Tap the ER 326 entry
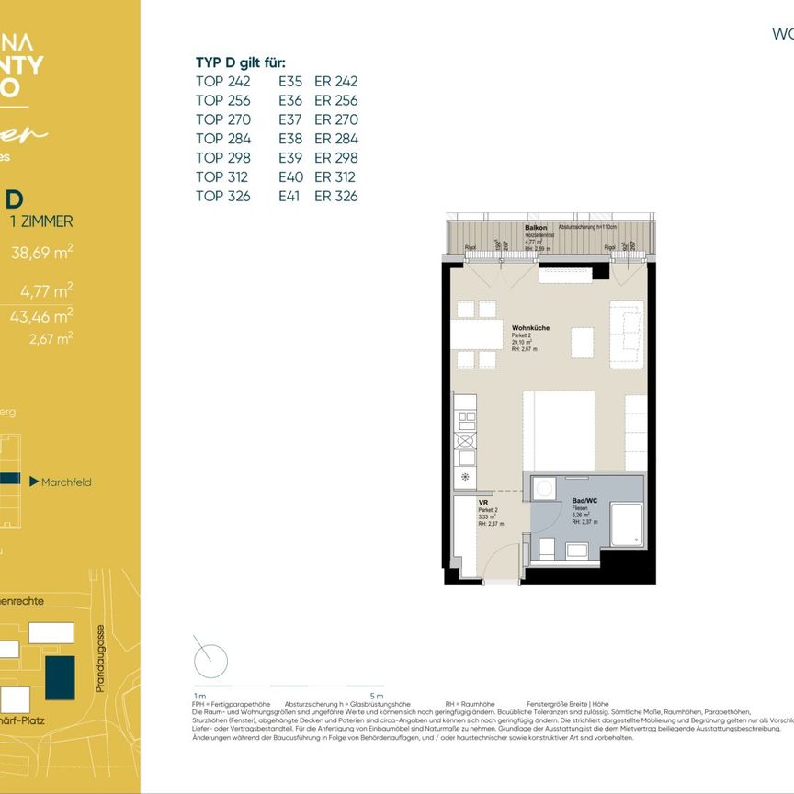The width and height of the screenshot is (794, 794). click(x=335, y=196)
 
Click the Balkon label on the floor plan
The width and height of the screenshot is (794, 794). click(x=536, y=227)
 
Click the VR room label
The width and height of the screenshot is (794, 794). click(x=482, y=503)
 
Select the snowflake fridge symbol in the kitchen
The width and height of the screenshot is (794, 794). click(x=465, y=477)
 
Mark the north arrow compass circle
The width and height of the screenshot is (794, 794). click(x=210, y=658)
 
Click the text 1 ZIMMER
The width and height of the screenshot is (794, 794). click(x=39, y=221)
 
